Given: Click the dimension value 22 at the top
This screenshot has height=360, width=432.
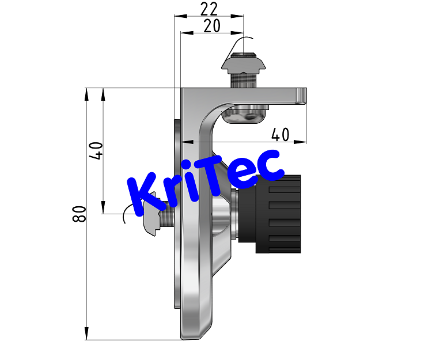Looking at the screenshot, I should (209, 9).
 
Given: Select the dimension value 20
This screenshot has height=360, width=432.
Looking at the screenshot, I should (212, 26).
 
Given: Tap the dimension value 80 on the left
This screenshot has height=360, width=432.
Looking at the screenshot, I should (80, 214).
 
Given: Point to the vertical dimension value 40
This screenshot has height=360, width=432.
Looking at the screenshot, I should (97, 150).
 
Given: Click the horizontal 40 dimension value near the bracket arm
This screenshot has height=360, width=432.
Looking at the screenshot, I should (279, 134).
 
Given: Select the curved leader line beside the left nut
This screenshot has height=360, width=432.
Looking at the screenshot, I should (126, 216).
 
